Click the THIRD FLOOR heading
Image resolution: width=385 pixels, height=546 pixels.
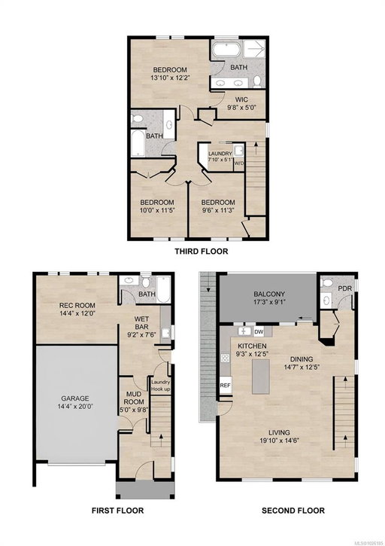pyautogui.click(x=201, y=251)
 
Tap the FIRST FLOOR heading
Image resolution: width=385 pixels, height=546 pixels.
pyautogui.click(x=117, y=511)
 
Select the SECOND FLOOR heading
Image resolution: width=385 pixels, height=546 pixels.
pyautogui.click(x=293, y=511)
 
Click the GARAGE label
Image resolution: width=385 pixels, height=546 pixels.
pyautogui.click(x=75, y=398)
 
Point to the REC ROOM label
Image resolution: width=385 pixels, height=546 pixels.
pyautogui.click(x=77, y=305)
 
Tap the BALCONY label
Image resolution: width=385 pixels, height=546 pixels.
pyautogui.click(x=269, y=294)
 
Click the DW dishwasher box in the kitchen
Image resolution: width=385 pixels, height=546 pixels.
pyautogui.click(x=259, y=332)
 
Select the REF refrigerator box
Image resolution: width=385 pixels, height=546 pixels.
pyautogui.click(x=226, y=386)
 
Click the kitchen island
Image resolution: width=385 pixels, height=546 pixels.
pyautogui.click(x=261, y=376)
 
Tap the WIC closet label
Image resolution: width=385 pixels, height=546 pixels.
pyautogui.click(x=241, y=99)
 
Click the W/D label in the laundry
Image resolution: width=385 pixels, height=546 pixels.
pyautogui.click(x=238, y=163)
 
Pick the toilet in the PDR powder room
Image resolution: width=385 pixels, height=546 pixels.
pyautogui.click(x=326, y=282)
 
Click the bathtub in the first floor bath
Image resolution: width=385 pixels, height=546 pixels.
pyautogui.click(x=163, y=289)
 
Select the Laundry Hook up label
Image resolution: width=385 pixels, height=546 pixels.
pyautogui.click(x=160, y=385)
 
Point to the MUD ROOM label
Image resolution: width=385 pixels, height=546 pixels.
pyautogui.click(x=134, y=398)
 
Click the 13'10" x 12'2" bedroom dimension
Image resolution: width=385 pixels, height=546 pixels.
pyautogui.click(x=170, y=78)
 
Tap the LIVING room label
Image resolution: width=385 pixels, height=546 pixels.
pyautogui.click(x=279, y=432)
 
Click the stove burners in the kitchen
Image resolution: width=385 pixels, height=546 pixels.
pyautogui.click(x=225, y=358)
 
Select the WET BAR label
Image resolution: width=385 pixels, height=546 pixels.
pyautogui.click(x=141, y=322)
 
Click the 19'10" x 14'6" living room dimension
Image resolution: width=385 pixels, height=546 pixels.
pyautogui.click(x=279, y=440)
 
